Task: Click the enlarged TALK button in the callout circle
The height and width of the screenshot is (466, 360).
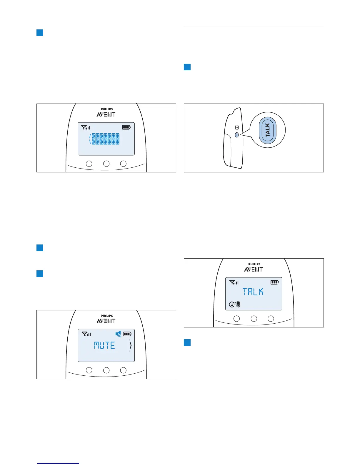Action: (x=268, y=130)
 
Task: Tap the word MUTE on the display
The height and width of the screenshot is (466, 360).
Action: (x=105, y=345)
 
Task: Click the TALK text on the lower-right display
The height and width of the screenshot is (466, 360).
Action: (x=253, y=292)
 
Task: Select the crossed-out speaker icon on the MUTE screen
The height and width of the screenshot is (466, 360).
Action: (x=118, y=334)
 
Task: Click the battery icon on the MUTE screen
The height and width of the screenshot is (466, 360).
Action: (x=127, y=334)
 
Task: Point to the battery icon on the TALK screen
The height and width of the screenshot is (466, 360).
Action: (x=275, y=282)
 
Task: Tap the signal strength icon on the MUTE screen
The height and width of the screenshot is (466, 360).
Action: (x=86, y=334)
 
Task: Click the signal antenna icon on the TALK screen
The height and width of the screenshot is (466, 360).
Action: (x=234, y=282)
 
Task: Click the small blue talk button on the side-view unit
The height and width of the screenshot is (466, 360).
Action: (x=237, y=135)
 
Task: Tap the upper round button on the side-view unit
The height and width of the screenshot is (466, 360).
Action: (x=237, y=127)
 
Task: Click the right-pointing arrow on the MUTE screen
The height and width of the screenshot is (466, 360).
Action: (x=130, y=346)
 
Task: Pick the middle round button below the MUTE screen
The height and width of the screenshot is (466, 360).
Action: (x=106, y=370)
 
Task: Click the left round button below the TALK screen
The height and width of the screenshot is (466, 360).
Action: (x=236, y=319)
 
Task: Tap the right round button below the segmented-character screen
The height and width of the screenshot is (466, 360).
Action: (x=124, y=164)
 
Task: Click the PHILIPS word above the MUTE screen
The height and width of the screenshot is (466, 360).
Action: (x=107, y=316)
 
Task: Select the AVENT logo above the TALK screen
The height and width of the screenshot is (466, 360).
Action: (x=254, y=269)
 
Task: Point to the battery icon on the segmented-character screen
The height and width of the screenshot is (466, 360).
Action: (x=126, y=127)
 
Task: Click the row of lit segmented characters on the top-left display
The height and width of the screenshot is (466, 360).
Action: (x=105, y=139)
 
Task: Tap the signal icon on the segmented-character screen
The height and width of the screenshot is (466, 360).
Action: (x=86, y=127)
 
